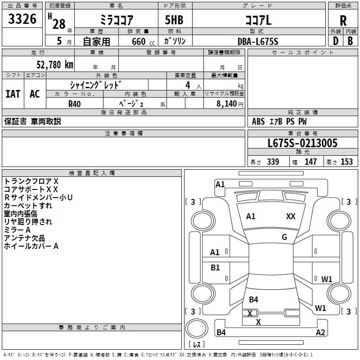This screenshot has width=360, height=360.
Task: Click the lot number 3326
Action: tap(22, 20)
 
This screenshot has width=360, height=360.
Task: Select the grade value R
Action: tap(343, 21)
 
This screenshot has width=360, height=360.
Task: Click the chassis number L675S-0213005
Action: tap(302, 144)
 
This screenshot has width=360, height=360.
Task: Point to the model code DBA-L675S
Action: tap(258, 41)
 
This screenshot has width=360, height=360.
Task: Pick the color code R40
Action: tap(74, 103)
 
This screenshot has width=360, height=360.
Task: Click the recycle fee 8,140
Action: tap(226, 104)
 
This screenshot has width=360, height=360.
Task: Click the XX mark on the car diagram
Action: tap(291, 216)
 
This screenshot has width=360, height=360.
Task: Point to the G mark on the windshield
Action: tap(284, 237)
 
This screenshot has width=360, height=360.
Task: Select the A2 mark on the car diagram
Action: tap(320, 333)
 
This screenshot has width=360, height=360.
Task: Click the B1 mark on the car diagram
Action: tap(216, 268)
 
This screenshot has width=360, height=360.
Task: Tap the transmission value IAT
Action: tap(13, 94)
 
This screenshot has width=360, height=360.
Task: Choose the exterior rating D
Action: tap(335, 41)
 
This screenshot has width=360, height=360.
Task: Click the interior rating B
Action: tap(350, 41)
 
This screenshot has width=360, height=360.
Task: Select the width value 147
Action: tap(310, 162)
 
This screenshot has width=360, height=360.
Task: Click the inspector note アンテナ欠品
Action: tap(24, 238)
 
